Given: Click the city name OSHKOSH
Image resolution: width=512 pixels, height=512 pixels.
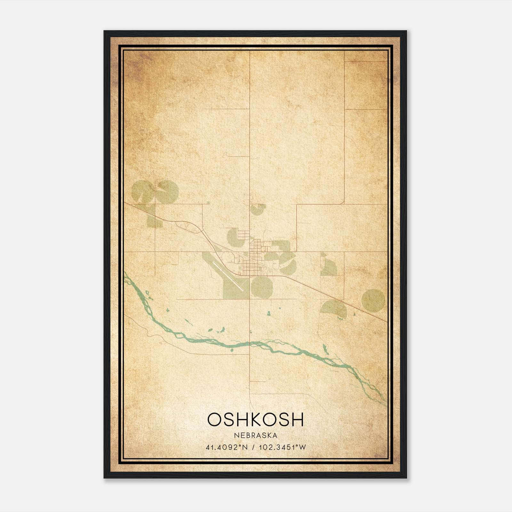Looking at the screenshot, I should click(255, 420).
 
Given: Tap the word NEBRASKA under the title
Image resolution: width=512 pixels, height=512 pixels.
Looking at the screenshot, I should click(255, 436).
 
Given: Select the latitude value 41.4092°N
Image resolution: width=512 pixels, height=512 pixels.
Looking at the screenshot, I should click(227, 447).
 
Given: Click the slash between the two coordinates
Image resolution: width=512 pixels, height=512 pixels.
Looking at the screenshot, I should click(253, 447).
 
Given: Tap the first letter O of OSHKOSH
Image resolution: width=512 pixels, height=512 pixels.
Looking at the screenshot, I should click(214, 420).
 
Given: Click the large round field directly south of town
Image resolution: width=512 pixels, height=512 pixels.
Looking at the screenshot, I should click(261, 287).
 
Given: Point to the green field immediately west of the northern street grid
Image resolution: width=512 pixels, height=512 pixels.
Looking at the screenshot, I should click(232, 237).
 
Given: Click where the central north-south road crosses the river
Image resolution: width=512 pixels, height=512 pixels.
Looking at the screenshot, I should click(250, 343).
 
